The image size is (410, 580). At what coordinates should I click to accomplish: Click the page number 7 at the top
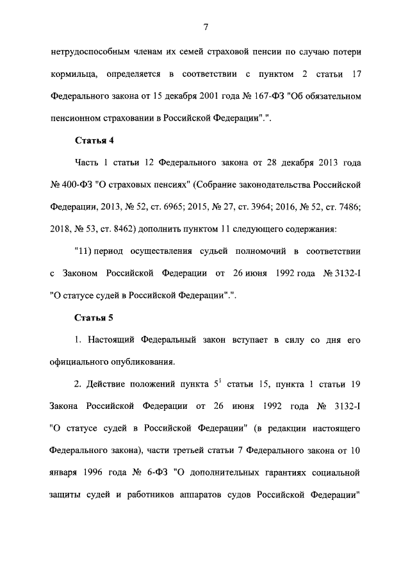point(205,26)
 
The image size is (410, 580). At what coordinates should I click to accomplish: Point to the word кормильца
point(73,74)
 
